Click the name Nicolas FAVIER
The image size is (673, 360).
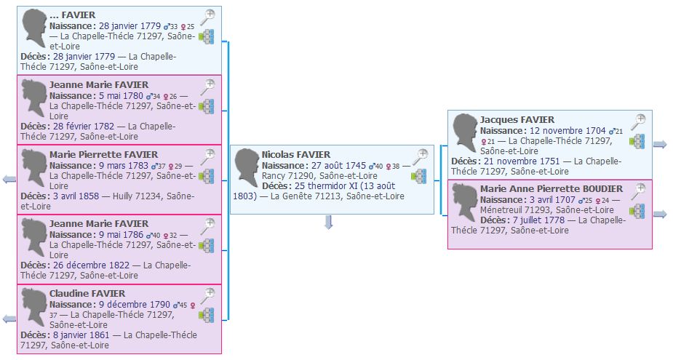pyautogui.click(x=296, y=154)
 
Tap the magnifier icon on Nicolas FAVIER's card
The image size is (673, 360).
pyautogui.click(x=421, y=156)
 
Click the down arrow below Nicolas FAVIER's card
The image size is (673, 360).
pyautogui.click(x=328, y=222)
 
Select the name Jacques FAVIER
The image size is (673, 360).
pyautogui.click(x=517, y=119)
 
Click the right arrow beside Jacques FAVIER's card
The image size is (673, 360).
pyautogui.click(x=660, y=144)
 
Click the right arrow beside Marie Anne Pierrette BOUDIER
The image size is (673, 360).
pyautogui.click(x=660, y=214)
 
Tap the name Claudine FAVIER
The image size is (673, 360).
pyautogui.click(x=87, y=293)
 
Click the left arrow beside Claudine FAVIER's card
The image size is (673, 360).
pyautogui.click(x=9, y=319)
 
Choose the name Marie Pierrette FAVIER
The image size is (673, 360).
pyautogui.click(x=98, y=154)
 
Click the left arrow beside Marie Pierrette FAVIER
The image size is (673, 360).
pyautogui.click(x=9, y=180)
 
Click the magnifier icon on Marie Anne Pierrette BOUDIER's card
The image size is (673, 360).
pyautogui.click(x=638, y=191)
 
